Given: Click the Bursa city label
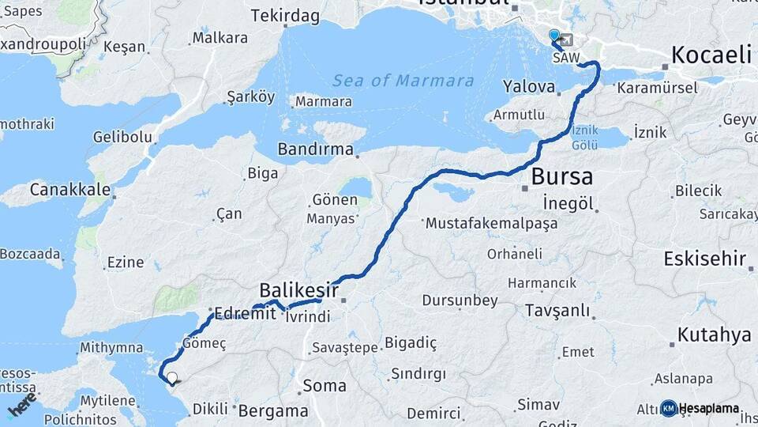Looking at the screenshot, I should coord(562,176).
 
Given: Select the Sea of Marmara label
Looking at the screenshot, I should coord(403,81).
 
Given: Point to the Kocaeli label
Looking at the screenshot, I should coord(711,54).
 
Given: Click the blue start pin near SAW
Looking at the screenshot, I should coord(553,36).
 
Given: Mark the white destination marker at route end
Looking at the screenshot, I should coord(171,377).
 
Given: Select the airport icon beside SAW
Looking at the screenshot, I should coord(566,40).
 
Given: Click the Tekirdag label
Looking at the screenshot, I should coord(285,16).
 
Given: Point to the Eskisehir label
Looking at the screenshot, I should coord(705,259).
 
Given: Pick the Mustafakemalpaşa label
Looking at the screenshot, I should coord(491,224).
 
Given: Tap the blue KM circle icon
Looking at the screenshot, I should coord(669,408).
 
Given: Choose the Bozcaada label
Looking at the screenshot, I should coord(30,254).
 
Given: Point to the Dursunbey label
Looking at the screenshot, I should coord(460,300).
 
